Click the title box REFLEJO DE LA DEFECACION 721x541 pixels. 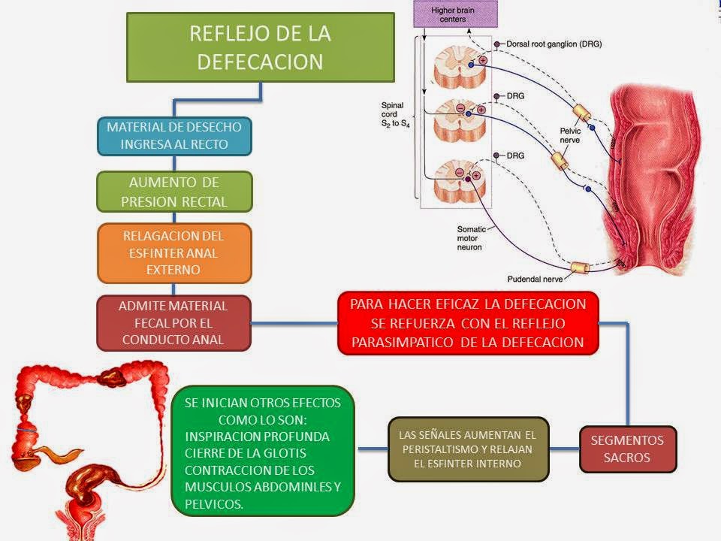[260, 47]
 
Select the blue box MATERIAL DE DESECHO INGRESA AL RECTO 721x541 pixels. [174, 135]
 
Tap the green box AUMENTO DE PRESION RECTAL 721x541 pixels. [174, 192]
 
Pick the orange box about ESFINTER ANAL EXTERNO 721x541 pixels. [174, 252]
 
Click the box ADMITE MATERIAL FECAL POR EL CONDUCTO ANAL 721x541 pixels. [174, 323]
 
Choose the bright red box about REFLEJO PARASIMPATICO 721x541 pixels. [468, 323]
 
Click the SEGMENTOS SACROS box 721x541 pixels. [627, 449]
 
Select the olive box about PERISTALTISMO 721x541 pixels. [468, 449]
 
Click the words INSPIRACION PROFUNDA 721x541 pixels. [258, 437]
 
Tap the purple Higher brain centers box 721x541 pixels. [454, 14]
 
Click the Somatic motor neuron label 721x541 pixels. [474, 237]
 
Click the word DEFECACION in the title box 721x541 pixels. [260, 61]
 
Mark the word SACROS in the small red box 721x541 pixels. [627, 458]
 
